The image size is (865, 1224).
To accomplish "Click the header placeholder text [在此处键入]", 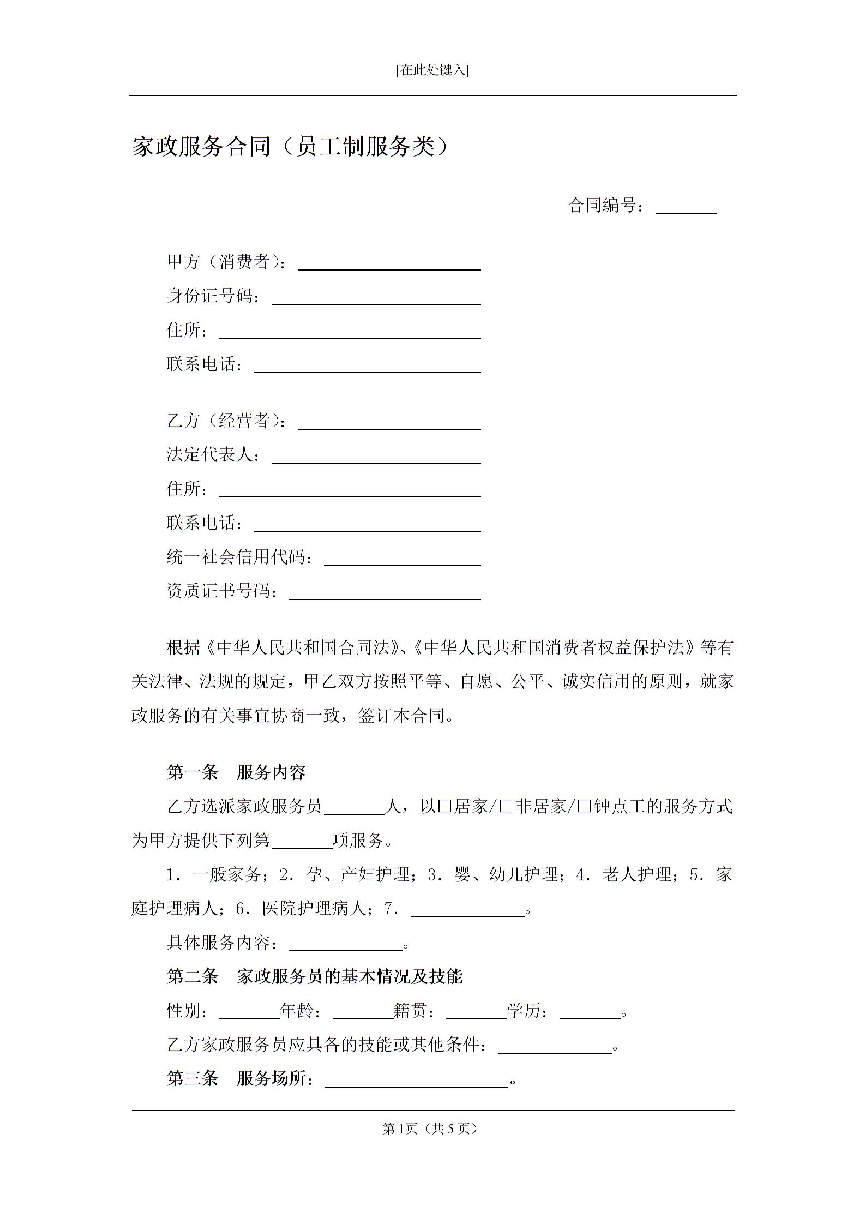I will point(432,70).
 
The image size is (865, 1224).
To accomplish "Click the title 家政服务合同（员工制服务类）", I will point(290,147).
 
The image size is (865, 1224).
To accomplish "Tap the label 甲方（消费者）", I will point(226,262).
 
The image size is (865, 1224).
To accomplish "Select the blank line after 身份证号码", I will point(376,298).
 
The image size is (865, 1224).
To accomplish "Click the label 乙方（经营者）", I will point(226,421).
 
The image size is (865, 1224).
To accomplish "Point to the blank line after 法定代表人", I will point(376,457).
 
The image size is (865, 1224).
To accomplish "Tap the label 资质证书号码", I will point(221,591).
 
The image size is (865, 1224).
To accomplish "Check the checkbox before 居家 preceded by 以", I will point(444,807).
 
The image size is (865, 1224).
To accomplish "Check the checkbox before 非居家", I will point(506,807).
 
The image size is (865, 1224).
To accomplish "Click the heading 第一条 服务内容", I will point(236,772).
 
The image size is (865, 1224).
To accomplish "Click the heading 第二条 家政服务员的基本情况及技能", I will point(314,976).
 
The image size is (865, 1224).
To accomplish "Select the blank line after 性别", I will point(249,1012).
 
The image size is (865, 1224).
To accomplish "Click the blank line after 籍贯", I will point(476,1012).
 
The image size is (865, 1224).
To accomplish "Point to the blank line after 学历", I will point(590,1012).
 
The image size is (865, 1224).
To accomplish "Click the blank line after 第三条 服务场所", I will point(416,1080).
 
